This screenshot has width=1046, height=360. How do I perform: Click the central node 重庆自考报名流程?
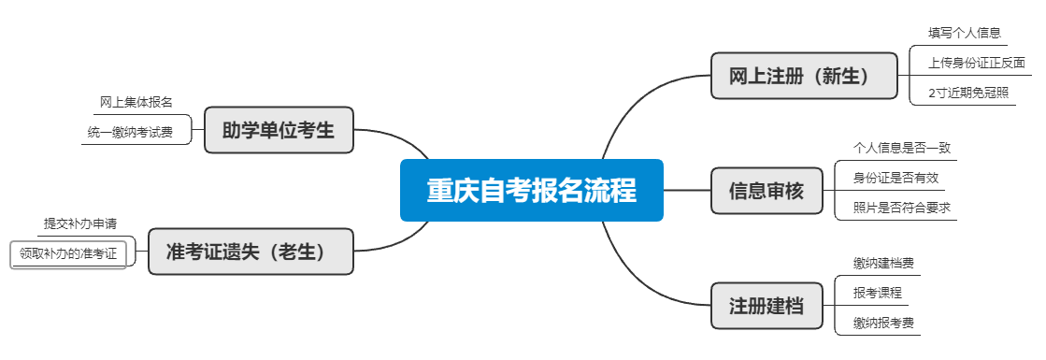pos(531,190)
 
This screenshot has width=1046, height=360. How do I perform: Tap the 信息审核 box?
pos(766,191)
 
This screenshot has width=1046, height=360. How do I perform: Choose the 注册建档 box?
pos(766,306)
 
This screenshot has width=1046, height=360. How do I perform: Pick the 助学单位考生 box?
pos(279,130)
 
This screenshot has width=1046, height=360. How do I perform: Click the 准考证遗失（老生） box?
pos(251,251)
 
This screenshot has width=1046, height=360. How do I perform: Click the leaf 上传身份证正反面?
pos(975,64)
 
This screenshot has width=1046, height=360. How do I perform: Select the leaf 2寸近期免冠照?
pos(967,93)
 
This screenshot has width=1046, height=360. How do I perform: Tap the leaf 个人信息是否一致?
pos(902,148)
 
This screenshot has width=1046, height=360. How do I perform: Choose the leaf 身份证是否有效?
pos(896,178)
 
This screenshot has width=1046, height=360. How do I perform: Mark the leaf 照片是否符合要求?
pos(901,208)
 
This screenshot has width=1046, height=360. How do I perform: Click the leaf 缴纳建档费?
pos(882,263)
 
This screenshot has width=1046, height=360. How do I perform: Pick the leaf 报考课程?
pos(877,293)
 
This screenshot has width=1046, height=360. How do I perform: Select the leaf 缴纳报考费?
pos(882,324)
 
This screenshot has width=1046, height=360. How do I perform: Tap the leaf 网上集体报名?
pos(136,101)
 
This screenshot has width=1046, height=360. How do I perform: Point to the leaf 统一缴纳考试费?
pos(130,132)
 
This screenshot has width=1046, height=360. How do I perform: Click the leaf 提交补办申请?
pos(79,223)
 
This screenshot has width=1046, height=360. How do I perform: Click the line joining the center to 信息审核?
pos(687,190)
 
